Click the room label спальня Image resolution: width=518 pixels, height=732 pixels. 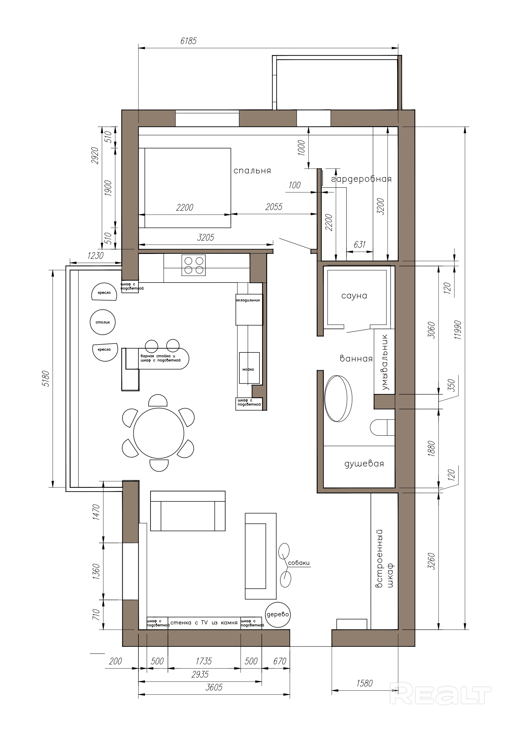click(252, 171)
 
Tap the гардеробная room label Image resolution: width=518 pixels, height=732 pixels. click(361, 179)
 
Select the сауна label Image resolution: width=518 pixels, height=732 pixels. click(354, 296)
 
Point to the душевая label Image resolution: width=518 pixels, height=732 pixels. click(364, 464)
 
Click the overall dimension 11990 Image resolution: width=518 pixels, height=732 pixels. click(458, 330)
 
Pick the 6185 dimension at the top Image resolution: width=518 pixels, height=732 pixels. click(188, 41)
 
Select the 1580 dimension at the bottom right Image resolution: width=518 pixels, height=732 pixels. click(365, 683)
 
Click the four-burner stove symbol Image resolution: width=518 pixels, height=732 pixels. click(194, 265)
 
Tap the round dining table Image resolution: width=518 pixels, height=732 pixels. click(158, 433)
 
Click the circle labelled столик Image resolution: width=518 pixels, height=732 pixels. click(103, 322)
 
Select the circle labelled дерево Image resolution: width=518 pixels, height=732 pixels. click(278, 615)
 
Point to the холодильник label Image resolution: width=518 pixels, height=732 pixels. click(248, 300)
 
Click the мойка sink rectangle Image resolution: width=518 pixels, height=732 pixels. click(250, 368)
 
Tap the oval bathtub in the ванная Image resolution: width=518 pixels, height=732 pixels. click(338, 399)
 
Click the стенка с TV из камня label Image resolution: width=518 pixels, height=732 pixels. click(204, 623)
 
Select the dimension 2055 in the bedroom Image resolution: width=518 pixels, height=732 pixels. click(274, 207)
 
